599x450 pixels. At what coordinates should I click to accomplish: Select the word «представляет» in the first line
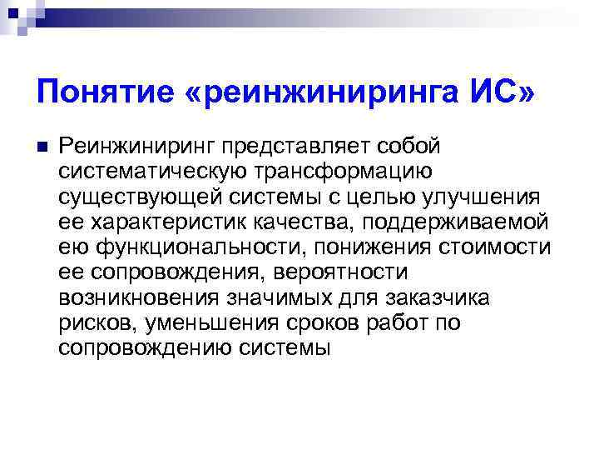(304, 147)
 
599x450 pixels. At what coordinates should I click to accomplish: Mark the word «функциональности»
(184, 247)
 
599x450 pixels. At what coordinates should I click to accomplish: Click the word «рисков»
(91, 322)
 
